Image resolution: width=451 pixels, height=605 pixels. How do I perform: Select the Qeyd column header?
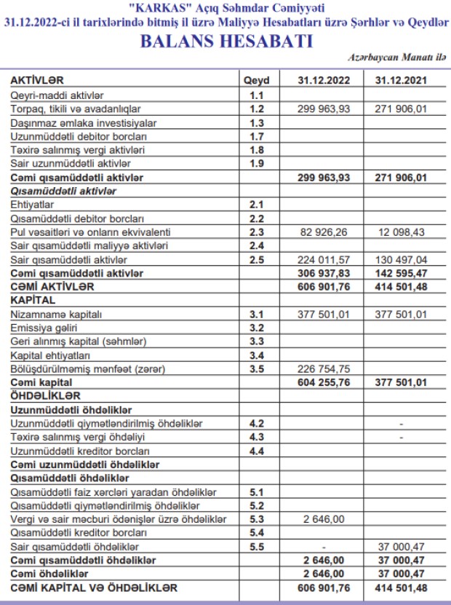coord(256,81)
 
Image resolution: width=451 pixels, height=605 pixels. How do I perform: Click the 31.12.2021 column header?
coord(401,81)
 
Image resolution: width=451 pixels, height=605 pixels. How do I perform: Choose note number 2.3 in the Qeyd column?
coord(256,232)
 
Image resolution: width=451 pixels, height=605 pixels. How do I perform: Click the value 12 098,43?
coord(401,232)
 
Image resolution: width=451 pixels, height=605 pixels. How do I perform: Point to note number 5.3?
coord(256,519)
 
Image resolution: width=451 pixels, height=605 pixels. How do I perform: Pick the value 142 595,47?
coord(401,273)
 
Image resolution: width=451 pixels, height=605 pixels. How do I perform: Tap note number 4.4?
coord(256,451)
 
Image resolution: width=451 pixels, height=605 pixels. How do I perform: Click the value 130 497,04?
coord(401,260)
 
